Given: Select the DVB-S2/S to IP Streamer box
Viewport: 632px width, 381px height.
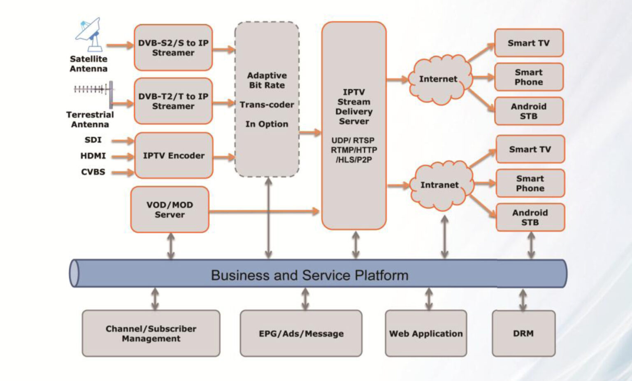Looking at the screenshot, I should click(x=173, y=48).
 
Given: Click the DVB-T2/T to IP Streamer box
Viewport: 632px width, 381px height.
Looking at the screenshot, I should click(x=173, y=101).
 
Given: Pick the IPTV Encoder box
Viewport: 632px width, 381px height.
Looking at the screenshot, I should click(x=174, y=156).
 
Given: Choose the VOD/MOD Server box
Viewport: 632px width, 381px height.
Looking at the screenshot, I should click(x=170, y=210).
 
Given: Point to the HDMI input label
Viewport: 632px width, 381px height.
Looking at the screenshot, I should click(x=93, y=156).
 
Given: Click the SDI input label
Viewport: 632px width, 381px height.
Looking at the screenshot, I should click(x=93, y=140).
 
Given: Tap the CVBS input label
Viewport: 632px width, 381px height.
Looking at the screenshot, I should click(x=93, y=172).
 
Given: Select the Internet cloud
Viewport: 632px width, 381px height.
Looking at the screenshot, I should click(x=439, y=79).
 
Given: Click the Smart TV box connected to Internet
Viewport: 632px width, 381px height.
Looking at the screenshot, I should click(x=529, y=43).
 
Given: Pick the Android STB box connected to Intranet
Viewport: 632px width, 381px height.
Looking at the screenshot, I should click(x=530, y=217).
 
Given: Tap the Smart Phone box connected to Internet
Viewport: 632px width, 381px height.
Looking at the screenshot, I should click(x=529, y=77).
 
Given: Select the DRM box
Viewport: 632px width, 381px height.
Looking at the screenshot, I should click(x=523, y=334).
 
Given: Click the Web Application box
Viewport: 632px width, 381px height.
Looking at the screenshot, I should click(x=426, y=334).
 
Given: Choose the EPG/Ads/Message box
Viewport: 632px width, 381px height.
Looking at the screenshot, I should click(x=301, y=334).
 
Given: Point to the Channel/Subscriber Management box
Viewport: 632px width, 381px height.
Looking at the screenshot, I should click(x=151, y=334).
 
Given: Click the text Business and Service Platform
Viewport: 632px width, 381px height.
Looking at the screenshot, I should click(x=309, y=275).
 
